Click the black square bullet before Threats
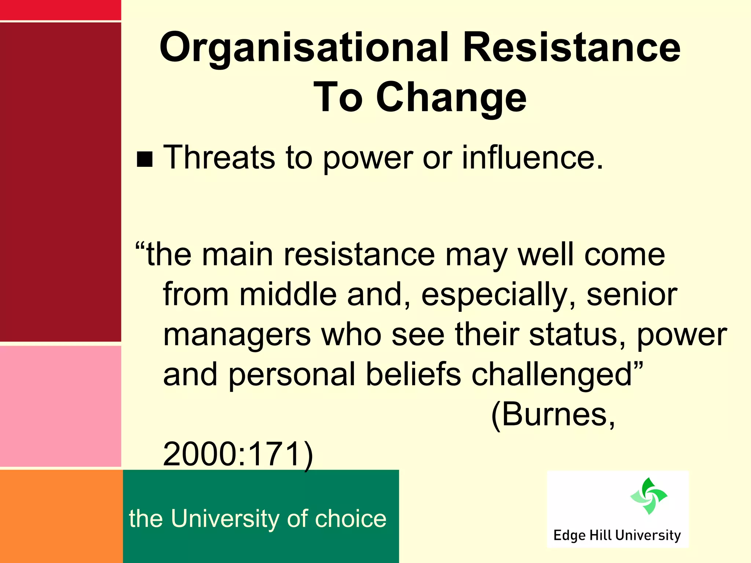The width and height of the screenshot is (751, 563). [144, 159]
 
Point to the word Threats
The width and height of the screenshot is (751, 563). [219, 157]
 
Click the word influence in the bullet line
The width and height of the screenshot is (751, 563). [532, 157]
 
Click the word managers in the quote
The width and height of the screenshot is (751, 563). [237, 335]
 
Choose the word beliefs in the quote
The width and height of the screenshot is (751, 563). [413, 374]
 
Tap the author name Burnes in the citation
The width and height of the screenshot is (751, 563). [553, 415]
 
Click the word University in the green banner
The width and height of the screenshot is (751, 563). [225, 519]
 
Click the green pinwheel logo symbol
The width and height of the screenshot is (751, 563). [649, 496]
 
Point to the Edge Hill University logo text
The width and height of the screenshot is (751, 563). [617, 536]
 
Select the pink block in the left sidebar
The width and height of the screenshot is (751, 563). [61, 406]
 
